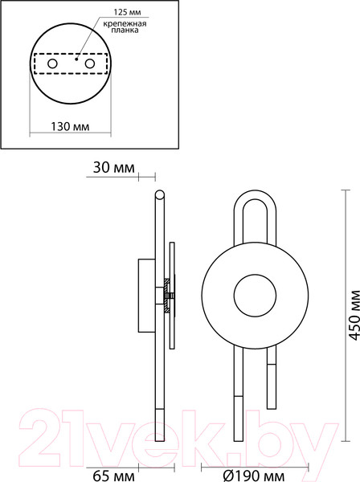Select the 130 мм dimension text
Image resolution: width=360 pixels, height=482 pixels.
(x=69, y=127)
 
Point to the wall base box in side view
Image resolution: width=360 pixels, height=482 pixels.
(x=146, y=294)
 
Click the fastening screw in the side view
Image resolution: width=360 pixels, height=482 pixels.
(x=166, y=295)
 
